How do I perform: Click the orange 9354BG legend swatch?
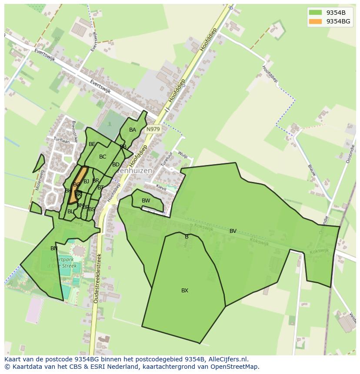[x=315, y=21]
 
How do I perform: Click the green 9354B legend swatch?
[x=315, y=12]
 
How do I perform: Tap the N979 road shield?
[x=153, y=129]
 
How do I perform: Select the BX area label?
[x=185, y=291]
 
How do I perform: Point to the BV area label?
[x=233, y=231]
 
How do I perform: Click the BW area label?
[x=146, y=201]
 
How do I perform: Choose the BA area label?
[x=133, y=130]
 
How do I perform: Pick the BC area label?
[x=103, y=157]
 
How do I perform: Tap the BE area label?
[x=92, y=144]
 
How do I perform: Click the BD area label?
[x=116, y=165]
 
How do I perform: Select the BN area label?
[x=54, y=248]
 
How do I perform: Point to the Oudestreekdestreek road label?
[x=98, y=278]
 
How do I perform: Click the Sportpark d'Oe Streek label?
[x=62, y=263]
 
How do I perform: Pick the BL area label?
[x=70, y=212]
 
